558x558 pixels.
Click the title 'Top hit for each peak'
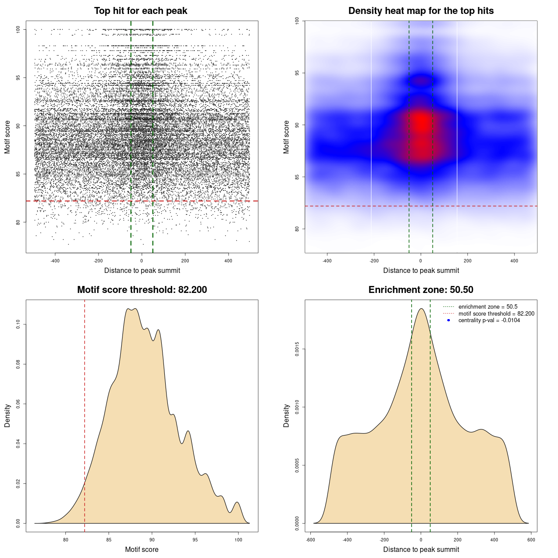click(x=140, y=11)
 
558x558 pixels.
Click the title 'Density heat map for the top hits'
click(x=421, y=11)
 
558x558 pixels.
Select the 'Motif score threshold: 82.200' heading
click(x=142, y=290)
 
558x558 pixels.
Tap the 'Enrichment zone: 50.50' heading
click(x=421, y=290)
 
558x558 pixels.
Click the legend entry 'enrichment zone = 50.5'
click(x=488, y=307)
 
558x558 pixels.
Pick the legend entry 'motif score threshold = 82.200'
click(x=496, y=314)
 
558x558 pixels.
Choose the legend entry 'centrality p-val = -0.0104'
click(x=489, y=320)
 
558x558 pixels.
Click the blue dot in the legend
click(x=449, y=320)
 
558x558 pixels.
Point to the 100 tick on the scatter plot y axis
click(x=18, y=30)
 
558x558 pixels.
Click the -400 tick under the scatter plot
click(x=55, y=261)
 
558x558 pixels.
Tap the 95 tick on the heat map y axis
click(x=297, y=73)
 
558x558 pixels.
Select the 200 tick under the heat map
click(x=467, y=261)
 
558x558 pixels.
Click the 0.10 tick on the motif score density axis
click(x=18, y=324)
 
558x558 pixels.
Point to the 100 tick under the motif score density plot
click(x=238, y=540)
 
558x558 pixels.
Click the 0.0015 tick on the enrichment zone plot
click(x=297, y=349)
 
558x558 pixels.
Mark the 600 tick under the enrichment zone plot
click(x=531, y=540)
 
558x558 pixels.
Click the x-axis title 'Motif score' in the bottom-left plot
click(x=142, y=549)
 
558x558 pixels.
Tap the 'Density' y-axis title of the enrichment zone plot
click(x=286, y=415)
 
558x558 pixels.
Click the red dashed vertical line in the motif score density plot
click(x=85, y=414)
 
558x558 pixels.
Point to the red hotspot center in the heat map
click(x=421, y=124)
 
